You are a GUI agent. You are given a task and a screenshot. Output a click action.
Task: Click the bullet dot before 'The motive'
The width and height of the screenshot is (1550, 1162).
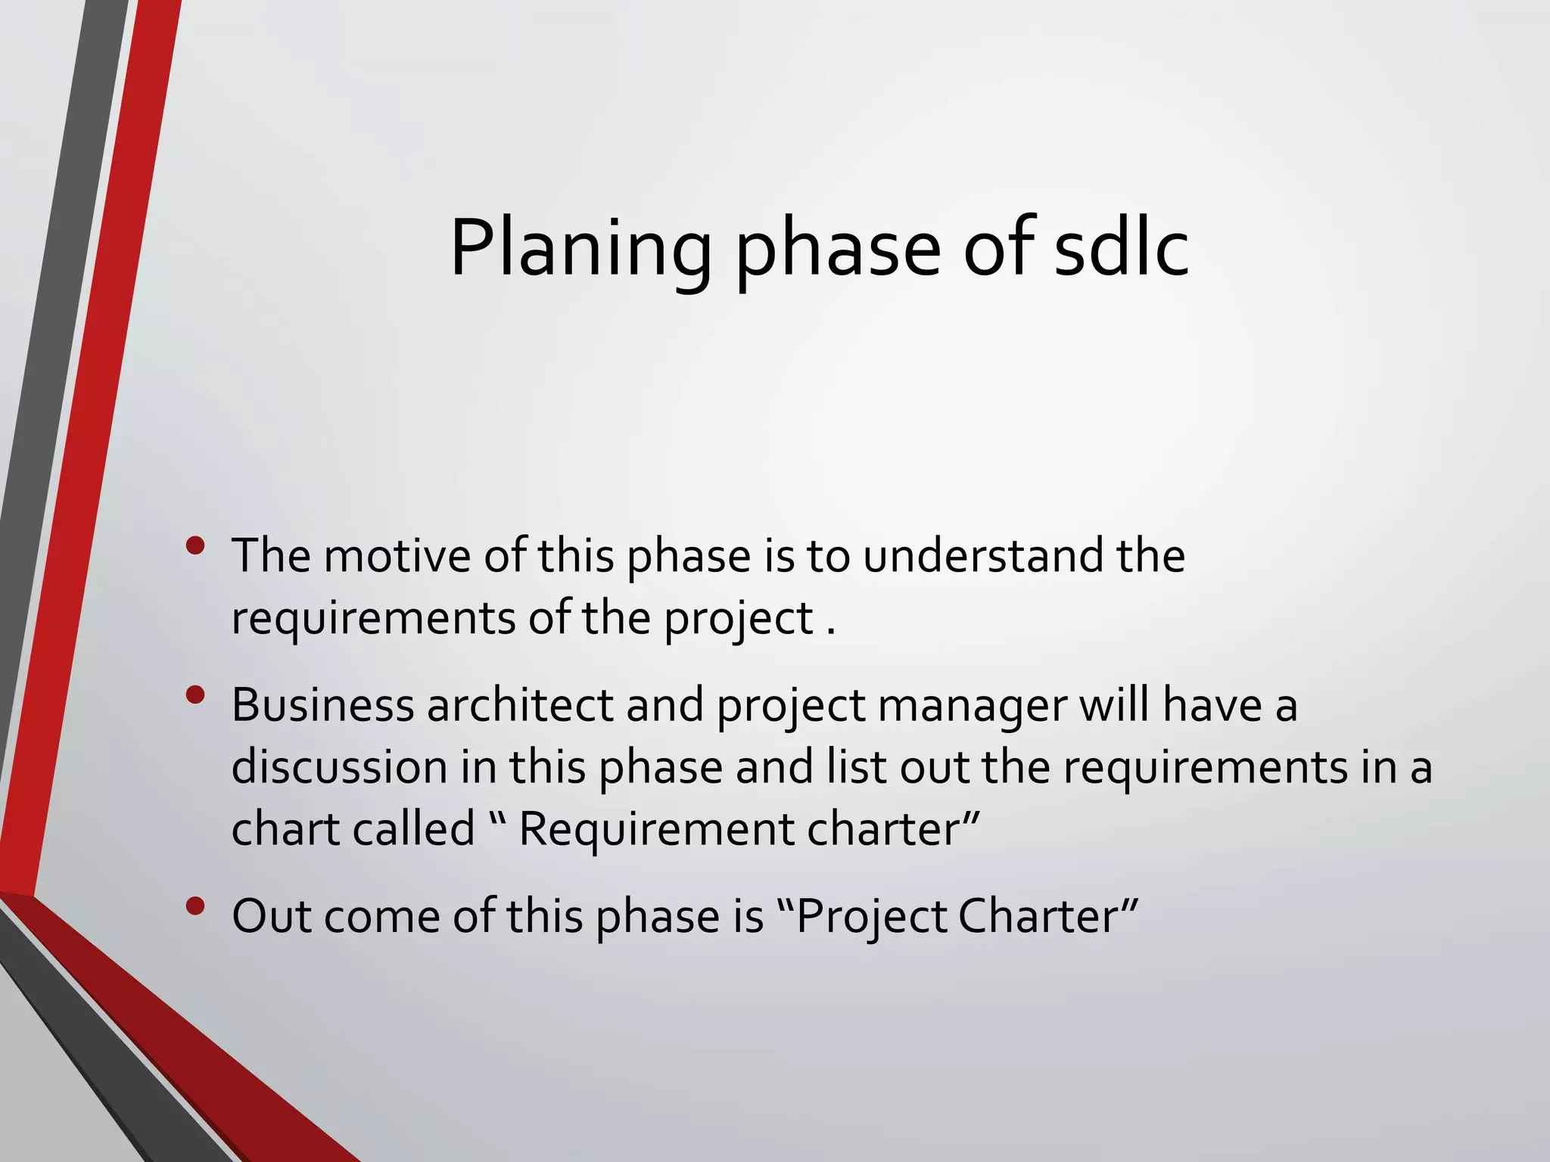click(195, 545)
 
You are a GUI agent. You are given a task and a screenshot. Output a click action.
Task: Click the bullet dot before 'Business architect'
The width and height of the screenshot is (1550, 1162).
click(195, 695)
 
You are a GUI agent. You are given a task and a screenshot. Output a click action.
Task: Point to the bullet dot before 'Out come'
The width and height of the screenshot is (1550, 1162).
click(195, 906)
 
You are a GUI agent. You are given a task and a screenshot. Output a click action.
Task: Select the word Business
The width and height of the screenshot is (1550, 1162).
click(323, 705)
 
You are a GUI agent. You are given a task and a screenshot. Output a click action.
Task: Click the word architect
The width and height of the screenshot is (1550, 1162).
click(520, 705)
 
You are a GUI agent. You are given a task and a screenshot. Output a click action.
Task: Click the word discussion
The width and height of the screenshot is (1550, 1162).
click(339, 767)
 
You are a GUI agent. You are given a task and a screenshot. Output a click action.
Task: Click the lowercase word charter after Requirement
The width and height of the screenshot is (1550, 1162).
click(884, 828)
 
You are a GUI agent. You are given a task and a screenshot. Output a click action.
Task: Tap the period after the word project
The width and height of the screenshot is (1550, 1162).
click(831, 632)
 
